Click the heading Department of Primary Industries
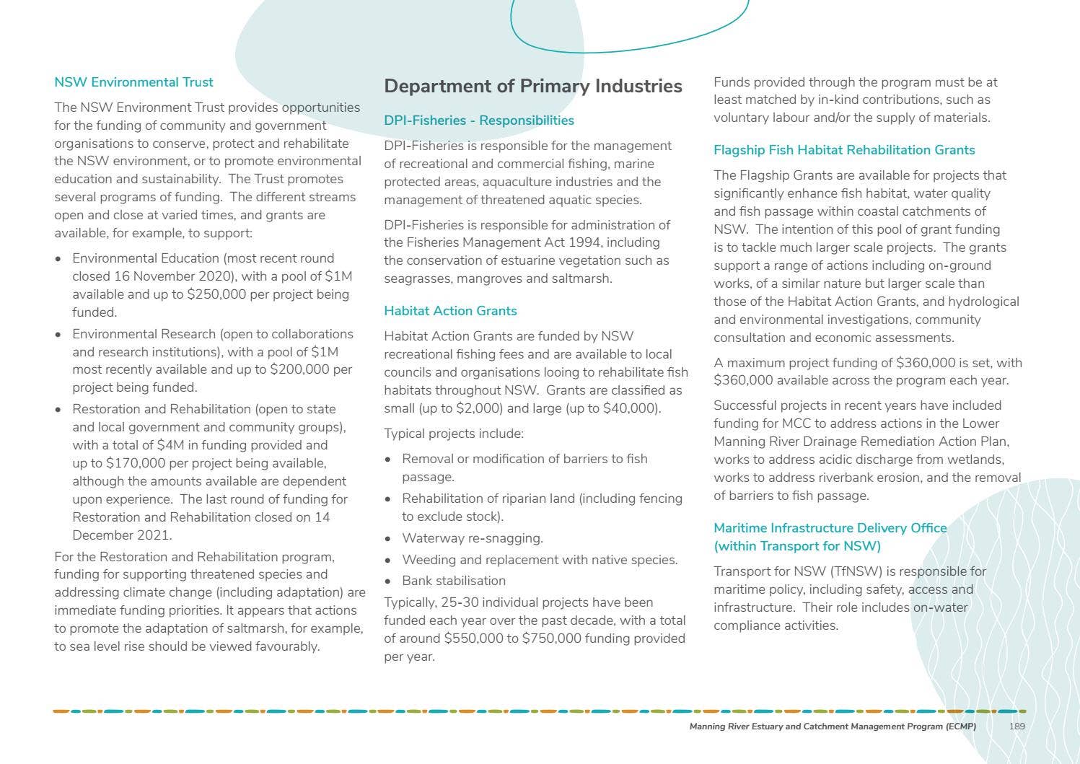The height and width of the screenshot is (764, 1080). click(x=532, y=87)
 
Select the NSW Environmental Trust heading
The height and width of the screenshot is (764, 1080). click(x=133, y=82)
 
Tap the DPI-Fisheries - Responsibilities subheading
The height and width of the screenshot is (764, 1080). click(x=479, y=120)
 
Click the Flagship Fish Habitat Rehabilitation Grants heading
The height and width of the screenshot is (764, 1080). click(x=844, y=150)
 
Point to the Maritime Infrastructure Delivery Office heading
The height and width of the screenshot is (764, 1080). click(x=830, y=528)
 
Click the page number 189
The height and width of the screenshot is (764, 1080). click(x=1017, y=726)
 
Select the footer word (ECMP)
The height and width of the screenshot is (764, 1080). click(x=960, y=726)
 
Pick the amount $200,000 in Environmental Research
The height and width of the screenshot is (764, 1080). click(x=300, y=370)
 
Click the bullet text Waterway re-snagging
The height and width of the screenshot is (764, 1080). click(x=473, y=538)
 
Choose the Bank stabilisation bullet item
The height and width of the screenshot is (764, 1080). click(x=454, y=581)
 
